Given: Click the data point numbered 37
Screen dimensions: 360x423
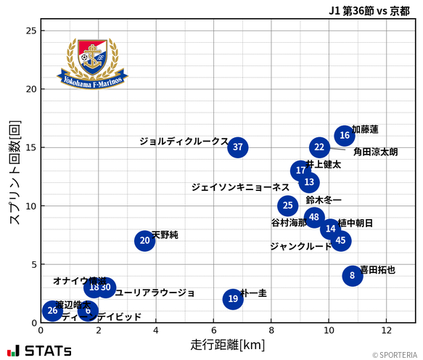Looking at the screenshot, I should click(237, 147).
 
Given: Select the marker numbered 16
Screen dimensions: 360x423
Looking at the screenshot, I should click(345, 135).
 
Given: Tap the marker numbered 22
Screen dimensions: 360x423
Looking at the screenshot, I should click(319, 147).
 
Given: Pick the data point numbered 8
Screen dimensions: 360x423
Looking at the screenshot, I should click(352, 276).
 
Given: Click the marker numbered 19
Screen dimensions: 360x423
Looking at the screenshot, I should click(232, 299).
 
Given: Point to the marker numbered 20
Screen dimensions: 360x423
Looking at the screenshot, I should click(144, 240).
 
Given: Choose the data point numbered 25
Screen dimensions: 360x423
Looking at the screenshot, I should click(288, 205).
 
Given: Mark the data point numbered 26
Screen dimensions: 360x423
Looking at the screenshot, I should click(52, 311).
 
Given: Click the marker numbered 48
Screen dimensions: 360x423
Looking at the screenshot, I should click(313, 217).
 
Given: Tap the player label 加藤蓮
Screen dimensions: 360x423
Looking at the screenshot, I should click(365, 129).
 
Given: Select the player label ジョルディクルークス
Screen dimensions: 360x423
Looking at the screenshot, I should click(184, 142).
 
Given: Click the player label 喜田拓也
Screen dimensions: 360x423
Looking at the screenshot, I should click(378, 270).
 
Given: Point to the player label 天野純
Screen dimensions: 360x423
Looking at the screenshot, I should click(165, 235).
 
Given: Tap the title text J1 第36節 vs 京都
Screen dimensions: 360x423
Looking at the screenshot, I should click(369, 11).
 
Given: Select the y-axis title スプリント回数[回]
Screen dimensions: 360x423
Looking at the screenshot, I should click(14, 171).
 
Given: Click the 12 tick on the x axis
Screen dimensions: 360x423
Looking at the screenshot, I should click(386, 330).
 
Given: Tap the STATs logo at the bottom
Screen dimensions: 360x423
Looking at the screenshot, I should click(40, 351).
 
